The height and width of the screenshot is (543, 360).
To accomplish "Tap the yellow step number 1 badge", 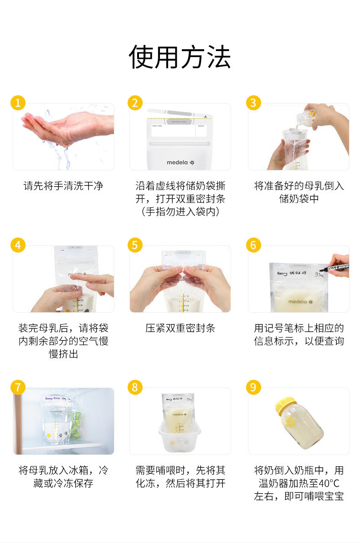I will pyautogui.click(x=18, y=103).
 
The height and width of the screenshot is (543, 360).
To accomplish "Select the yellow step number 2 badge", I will pyautogui.click(x=134, y=103).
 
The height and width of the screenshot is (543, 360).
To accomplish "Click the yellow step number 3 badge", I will pyautogui.click(x=253, y=103).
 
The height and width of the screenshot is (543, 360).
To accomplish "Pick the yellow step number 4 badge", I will pyautogui.click(x=18, y=245).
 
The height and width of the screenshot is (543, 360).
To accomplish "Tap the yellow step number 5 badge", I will pyautogui.click(x=134, y=245).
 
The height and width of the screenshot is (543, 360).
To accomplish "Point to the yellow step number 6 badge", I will pyautogui.click(x=253, y=245).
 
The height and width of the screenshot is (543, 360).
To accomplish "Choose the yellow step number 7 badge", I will pyautogui.click(x=18, y=387).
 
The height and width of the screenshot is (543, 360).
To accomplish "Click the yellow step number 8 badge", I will pyautogui.click(x=134, y=387).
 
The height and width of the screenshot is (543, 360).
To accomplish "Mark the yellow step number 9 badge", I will pyautogui.click(x=253, y=387).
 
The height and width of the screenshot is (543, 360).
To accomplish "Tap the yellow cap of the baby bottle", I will pyautogui.click(x=286, y=403).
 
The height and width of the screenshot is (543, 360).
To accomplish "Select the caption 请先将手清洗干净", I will pyautogui.click(x=63, y=186).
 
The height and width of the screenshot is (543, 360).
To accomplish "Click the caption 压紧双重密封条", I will pyautogui.click(x=180, y=328).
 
